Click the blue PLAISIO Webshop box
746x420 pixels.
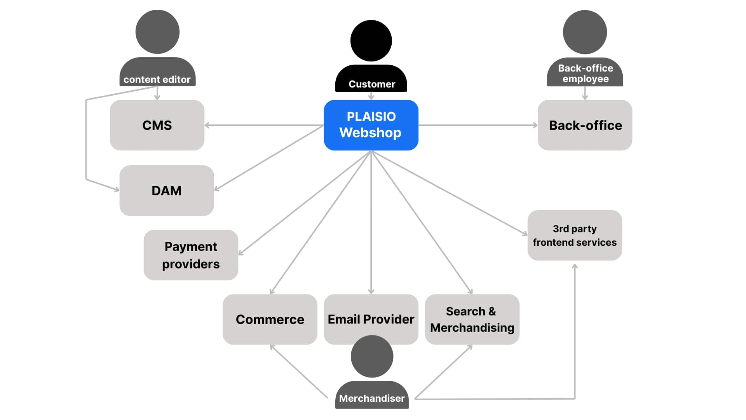[x=371, y=125]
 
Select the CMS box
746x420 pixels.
[x=157, y=125]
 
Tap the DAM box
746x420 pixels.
[x=167, y=191]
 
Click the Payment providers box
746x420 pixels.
[x=191, y=255]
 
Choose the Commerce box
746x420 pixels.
[x=270, y=319]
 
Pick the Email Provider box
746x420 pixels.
[x=371, y=315]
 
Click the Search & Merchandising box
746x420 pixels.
[x=472, y=319]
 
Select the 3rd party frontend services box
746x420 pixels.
[x=575, y=235]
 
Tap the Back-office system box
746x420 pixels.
[x=585, y=125]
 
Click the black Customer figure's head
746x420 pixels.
[x=371, y=41]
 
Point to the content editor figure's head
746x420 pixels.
[x=157, y=32]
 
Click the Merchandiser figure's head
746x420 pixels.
[x=372, y=357]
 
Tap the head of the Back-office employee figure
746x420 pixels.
[x=585, y=32]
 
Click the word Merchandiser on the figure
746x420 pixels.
[x=372, y=399]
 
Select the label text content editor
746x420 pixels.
[x=157, y=79]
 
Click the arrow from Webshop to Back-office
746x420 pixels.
[x=478, y=125]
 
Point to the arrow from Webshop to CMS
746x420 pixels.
[x=264, y=125]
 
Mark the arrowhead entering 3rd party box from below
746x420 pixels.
[x=575, y=266]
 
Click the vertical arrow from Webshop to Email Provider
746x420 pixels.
[x=371, y=222]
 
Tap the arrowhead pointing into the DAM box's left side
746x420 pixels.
[x=117, y=189]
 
